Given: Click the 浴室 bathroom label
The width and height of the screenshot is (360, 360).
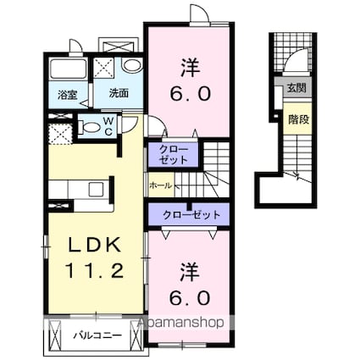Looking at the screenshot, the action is click(x=68, y=95).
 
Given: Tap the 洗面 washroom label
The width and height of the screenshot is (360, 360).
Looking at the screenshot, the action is click(x=119, y=93).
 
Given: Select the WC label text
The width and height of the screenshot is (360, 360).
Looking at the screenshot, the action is click(x=108, y=126).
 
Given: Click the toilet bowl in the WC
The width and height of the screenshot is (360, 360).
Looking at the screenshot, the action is click(x=90, y=127).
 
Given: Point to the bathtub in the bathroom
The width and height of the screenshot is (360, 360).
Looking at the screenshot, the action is click(x=68, y=69).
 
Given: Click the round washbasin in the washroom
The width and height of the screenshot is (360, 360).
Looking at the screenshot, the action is click(x=132, y=66).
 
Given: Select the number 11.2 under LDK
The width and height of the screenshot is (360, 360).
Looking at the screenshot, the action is click(x=95, y=270).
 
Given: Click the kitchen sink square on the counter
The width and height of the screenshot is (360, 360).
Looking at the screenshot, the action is click(x=96, y=190).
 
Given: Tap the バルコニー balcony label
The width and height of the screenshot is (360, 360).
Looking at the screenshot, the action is click(x=97, y=335).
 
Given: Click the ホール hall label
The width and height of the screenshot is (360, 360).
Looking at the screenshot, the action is click(x=160, y=186).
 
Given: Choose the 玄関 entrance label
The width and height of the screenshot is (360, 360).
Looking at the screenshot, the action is click(x=296, y=88).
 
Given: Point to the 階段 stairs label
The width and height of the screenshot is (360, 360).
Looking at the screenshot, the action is click(x=298, y=119).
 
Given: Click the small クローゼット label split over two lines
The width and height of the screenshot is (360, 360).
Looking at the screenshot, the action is click(x=174, y=154).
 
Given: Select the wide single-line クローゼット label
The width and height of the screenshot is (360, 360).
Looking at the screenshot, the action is click(x=191, y=215).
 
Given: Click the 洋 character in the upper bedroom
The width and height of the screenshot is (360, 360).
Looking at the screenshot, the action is click(x=191, y=68).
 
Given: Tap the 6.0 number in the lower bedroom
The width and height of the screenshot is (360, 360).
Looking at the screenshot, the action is click(x=191, y=297).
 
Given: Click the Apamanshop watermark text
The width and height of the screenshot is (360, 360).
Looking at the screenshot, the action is click(x=180, y=322).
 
